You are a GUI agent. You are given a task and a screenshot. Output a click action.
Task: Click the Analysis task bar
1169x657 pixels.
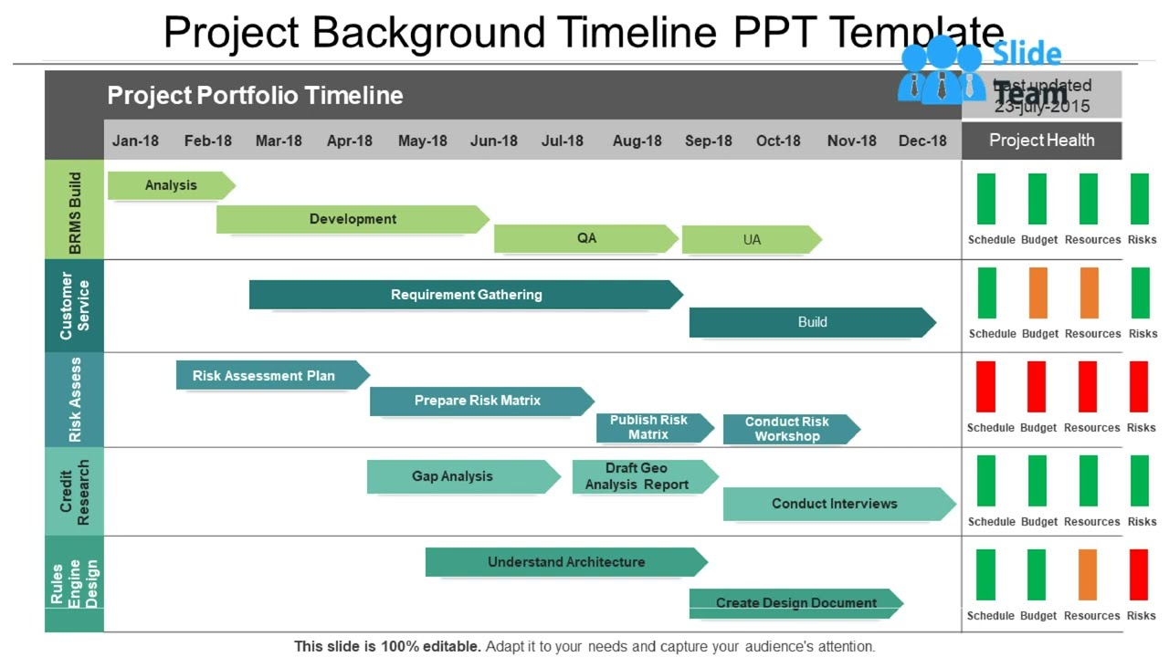coord(171,185)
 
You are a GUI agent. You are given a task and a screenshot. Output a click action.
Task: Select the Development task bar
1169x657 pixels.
coord(353,219)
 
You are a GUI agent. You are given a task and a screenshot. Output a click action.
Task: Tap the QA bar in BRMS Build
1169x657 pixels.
coord(586,238)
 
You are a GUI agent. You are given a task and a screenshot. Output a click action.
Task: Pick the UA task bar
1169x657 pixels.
coord(751,240)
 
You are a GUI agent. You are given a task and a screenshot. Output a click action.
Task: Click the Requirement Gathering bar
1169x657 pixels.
coord(466,295)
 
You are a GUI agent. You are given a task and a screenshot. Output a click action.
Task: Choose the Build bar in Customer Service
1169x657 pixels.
coord(812,322)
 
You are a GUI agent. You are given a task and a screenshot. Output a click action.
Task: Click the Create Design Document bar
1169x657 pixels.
coord(795,603)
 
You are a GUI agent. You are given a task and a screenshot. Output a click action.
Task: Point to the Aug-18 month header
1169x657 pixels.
coord(637,141)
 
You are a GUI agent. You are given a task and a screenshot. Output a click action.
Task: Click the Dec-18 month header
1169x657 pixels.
coord(922,141)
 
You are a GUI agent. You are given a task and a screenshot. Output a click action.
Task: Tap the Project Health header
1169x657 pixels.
coord(1041,141)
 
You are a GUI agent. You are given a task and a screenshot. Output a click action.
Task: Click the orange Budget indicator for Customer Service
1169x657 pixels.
coord(1037,293)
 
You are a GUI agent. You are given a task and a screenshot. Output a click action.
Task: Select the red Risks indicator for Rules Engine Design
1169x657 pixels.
coord(1139,575)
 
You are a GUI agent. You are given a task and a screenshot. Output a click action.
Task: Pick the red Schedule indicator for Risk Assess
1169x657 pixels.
coord(986,387)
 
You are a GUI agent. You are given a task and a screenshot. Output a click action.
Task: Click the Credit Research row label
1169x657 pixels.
coord(74,492)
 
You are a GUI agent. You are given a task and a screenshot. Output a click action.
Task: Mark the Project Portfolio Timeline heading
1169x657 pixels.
coord(255,96)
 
